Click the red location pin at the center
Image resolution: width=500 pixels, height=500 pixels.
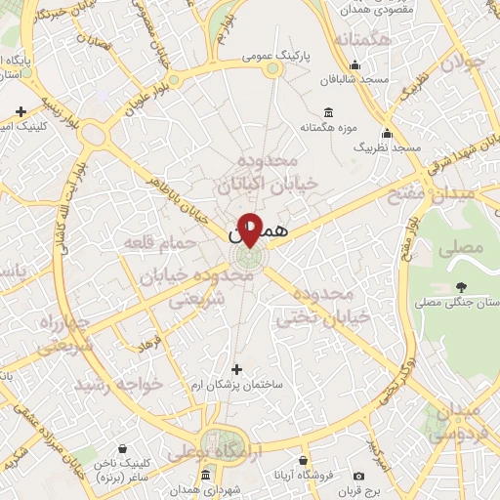tap(250, 229)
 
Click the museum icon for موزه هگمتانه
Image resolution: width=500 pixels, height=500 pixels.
tap(326, 111)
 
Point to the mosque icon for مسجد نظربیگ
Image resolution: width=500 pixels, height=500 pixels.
tap(387, 132)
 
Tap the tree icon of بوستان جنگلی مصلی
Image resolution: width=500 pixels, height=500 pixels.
tap(461, 286)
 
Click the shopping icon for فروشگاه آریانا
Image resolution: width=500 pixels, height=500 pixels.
tap(304, 460)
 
